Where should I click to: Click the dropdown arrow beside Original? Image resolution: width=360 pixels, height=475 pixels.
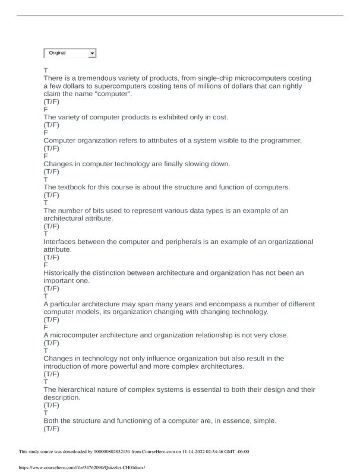[x=92, y=53]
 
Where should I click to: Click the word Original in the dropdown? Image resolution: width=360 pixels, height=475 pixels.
[x=58, y=53]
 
